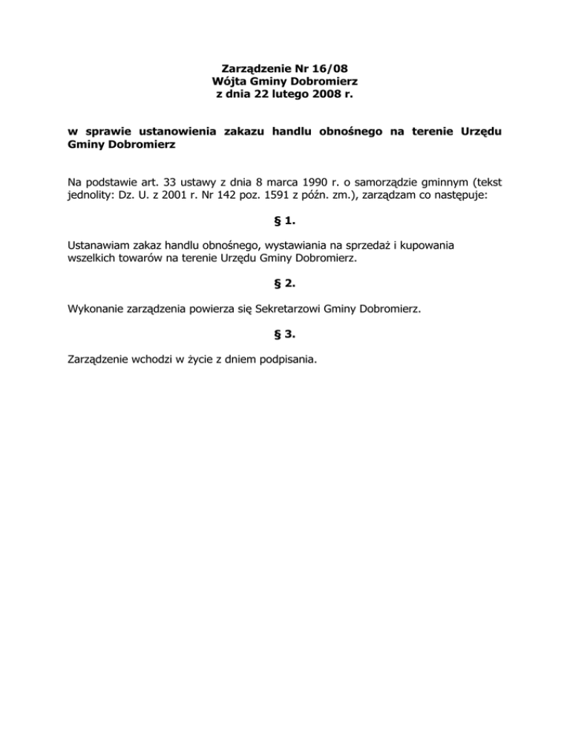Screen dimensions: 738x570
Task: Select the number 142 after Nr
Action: click(226, 193)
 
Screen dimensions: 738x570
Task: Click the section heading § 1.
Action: click(285, 219)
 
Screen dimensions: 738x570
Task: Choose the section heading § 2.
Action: click(285, 282)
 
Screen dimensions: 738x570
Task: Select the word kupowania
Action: click(425, 244)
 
